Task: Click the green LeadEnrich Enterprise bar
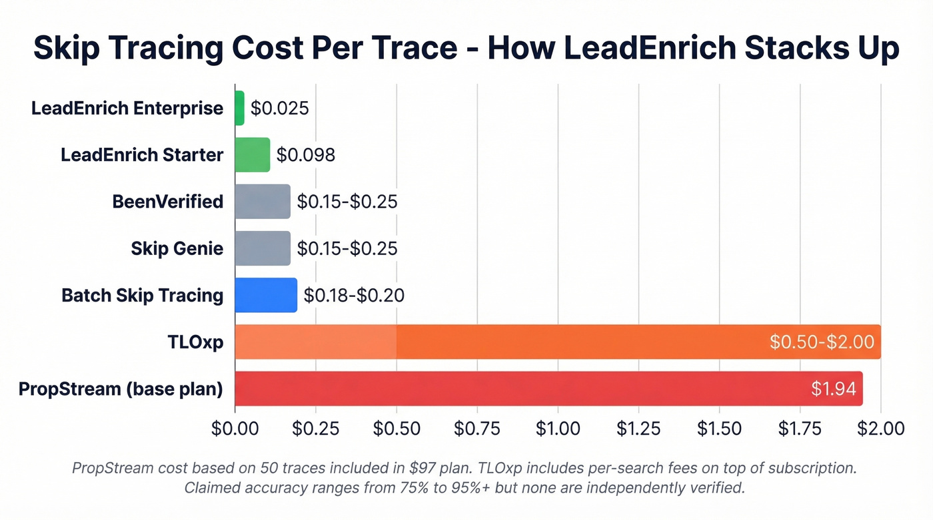click(240, 108)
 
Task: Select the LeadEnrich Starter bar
click(253, 154)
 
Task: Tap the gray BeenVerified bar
click(263, 201)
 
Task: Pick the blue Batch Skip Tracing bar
click(266, 295)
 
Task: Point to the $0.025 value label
click(279, 108)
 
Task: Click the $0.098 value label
click(305, 154)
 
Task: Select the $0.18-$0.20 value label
click(353, 295)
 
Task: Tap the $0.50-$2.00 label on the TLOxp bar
click(821, 342)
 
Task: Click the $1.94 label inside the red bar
click(833, 389)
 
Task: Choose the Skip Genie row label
click(177, 248)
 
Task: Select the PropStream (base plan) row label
click(121, 389)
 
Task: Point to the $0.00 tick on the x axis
click(235, 428)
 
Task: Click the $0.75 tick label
click(477, 428)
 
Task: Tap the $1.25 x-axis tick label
click(638, 428)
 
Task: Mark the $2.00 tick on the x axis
click(881, 428)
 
